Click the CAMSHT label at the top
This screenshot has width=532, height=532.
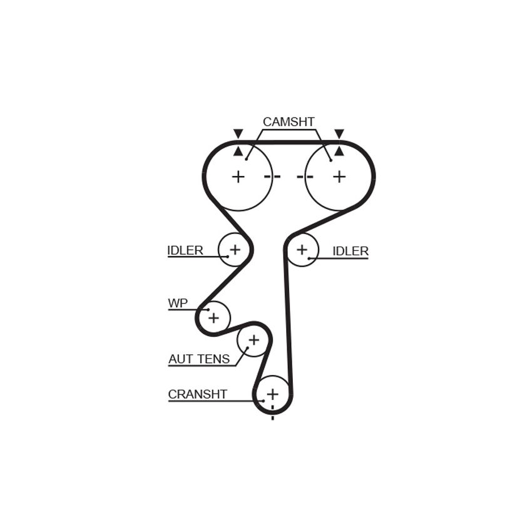coord(289,122)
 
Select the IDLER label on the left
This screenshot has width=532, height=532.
coord(185,250)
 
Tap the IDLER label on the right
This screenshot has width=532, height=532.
coord(350,251)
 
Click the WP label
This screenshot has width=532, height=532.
coord(178,303)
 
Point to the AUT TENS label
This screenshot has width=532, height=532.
coord(199,359)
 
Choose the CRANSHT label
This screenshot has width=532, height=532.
coord(197,394)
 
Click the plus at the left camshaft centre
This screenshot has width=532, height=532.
coord(238,176)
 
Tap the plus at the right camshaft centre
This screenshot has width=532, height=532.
coord(339,176)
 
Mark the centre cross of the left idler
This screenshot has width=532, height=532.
coord(235,250)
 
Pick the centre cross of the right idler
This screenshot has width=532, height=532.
coord(302,250)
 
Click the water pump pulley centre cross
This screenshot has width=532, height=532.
coord(214,318)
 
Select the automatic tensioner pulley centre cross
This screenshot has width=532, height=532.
coord(253,340)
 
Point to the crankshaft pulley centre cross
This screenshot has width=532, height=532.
coord(273,394)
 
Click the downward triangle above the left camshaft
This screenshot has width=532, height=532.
coord(238,134)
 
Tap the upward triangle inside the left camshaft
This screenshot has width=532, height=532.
coord(238,151)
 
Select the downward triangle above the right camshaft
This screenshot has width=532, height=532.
coord(339,134)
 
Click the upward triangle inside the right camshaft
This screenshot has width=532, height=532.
coord(339,151)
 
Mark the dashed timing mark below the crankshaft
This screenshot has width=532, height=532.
coord(273,412)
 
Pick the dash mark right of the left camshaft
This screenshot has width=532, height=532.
coord(272,176)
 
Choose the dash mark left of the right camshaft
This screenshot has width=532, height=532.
coord(305,176)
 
